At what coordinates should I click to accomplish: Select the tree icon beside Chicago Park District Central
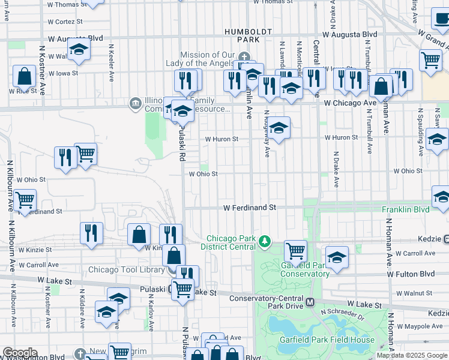click(x=264, y=242)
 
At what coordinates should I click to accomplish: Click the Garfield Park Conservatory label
click(x=305, y=269)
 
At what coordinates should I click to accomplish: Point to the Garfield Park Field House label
click(x=327, y=340)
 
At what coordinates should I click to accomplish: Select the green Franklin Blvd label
click(x=406, y=209)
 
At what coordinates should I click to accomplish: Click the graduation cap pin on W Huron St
click(x=279, y=128)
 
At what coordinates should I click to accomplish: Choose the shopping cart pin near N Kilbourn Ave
click(x=25, y=200)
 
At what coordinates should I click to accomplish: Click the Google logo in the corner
click(x=19, y=353)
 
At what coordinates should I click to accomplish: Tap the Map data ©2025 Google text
click(x=412, y=355)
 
